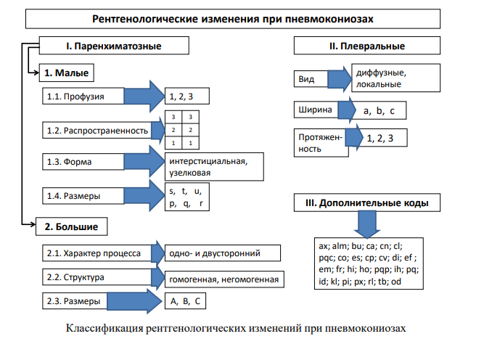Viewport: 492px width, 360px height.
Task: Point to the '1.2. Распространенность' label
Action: [94, 131]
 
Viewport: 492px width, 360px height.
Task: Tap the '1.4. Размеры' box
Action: [94, 196]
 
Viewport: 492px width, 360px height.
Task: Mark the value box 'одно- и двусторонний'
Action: [222, 253]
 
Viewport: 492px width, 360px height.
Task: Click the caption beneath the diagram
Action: [247, 328]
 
